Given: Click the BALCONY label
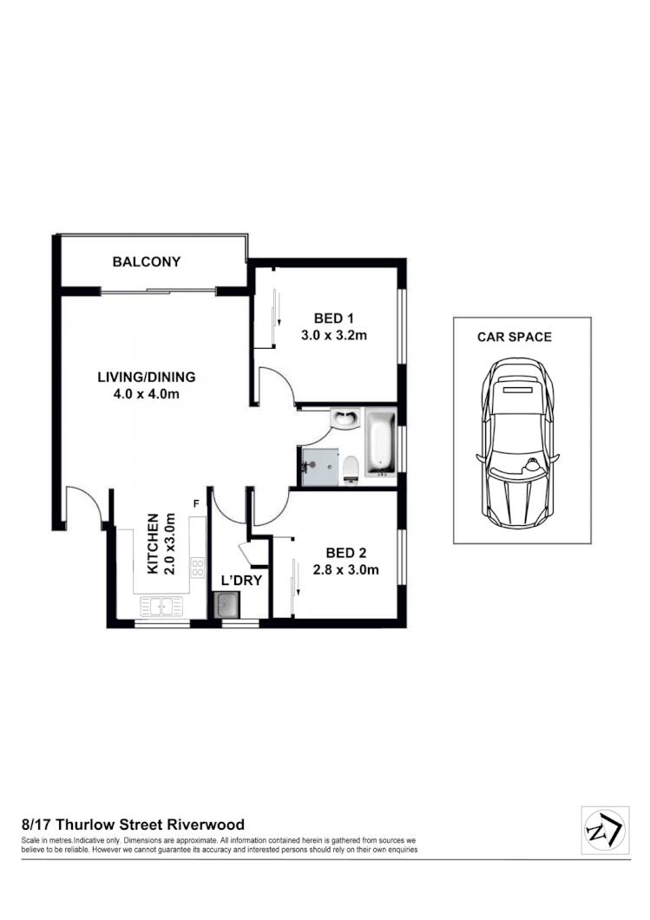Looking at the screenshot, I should (x=146, y=261).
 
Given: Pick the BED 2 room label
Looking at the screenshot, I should (x=346, y=553).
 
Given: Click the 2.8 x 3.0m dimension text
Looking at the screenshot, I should (x=346, y=570).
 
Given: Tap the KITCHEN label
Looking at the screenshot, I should (x=153, y=544).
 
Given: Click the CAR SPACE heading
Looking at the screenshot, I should (x=514, y=337).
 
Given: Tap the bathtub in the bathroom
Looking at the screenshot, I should (x=380, y=444).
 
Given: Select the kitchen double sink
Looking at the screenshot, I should (x=161, y=606).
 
